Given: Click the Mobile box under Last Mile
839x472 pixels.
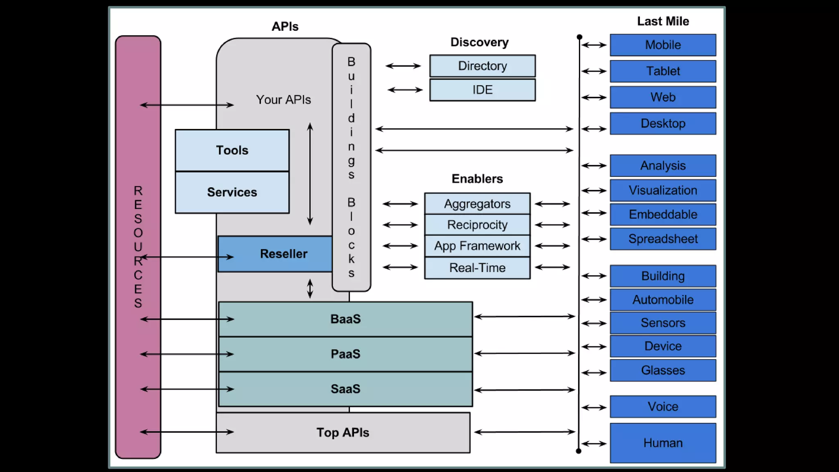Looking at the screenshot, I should coord(663,45).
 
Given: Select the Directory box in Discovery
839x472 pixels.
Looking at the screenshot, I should coord(482,66).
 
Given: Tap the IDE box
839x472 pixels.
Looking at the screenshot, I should coord(482,90).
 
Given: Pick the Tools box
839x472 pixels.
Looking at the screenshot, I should coord(232,150).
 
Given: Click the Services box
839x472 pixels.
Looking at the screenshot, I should coord(232,192).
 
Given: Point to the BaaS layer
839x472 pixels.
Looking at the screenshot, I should coord(345,319).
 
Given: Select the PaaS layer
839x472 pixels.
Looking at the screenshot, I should coord(345,354).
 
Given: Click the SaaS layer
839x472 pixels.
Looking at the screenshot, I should coord(345,389).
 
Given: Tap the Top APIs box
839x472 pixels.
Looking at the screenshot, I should coord(343,433).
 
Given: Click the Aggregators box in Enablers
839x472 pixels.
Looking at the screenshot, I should coord(477,204).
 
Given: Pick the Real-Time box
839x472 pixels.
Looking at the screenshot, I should coord(477,268).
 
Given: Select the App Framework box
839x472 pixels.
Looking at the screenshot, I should coord(477,246).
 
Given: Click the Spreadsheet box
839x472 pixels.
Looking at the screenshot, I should coord(663,239).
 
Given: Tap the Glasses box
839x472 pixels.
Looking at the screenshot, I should coord(663,370).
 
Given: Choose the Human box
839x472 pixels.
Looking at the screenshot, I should coord(663,443).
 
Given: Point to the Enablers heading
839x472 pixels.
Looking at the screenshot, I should coord(477,179).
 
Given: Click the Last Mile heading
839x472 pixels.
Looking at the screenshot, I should coord(663,21).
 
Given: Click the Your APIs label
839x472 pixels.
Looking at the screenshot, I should coord(283,100).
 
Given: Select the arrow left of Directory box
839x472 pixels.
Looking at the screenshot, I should coord(403,66).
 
